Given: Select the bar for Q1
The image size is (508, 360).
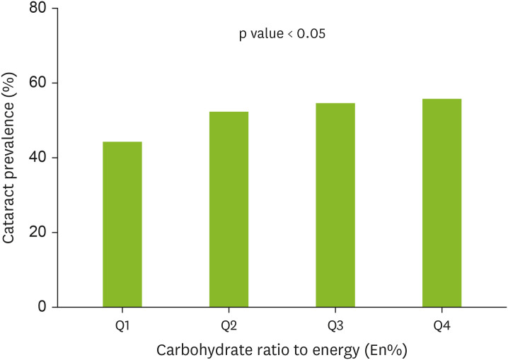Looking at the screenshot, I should click(x=122, y=224).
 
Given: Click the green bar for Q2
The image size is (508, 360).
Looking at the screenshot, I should click(x=229, y=209).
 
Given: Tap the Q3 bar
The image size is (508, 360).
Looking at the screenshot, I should click(x=335, y=205).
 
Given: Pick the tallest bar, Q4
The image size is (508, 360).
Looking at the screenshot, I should click(x=441, y=203).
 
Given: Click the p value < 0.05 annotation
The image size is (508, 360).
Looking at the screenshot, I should click(x=282, y=34).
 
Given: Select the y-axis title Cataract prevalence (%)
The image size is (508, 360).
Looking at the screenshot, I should click(x=10, y=153).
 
